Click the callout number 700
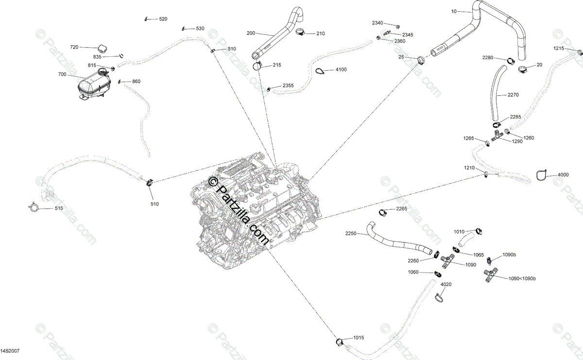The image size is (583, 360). click(x=62, y=74)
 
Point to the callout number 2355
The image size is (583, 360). click(x=288, y=86)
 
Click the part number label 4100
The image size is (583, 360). click(x=341, y=69)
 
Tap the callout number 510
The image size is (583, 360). click(x=154, y=204)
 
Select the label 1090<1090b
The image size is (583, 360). click(x=522, y=278)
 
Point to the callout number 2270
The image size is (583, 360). click(x=514, y=95)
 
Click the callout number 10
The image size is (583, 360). click(x=454, y=11)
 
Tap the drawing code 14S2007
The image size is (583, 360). click(x=10, y=350)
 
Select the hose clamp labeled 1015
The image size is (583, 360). click(x=341, y=342)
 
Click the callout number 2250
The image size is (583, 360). click(x=351, y=233)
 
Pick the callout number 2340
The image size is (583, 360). click(x=377, y=23)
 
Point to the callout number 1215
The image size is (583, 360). click(x=559, y=48)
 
